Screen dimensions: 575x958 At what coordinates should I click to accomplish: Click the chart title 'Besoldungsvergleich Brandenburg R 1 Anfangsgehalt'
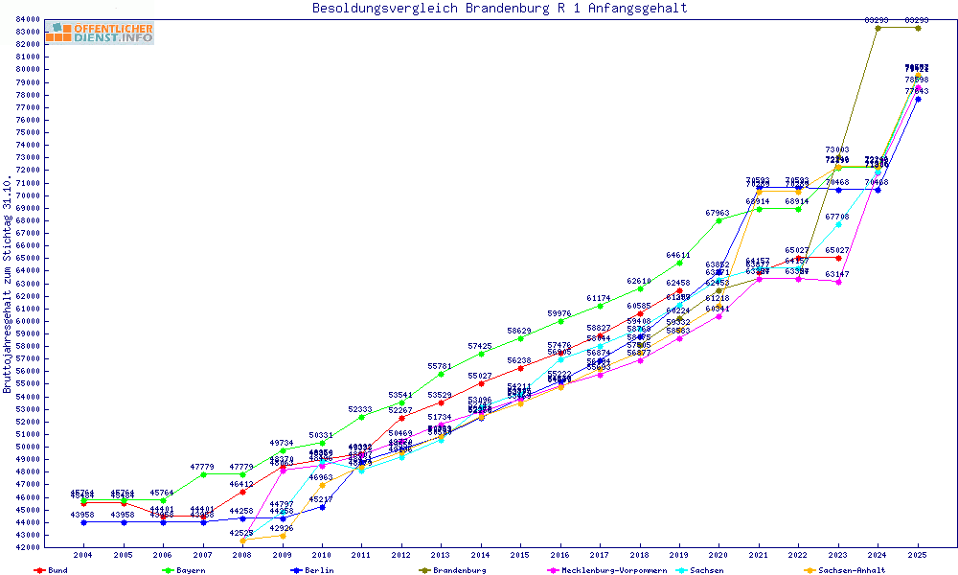pos(499,9)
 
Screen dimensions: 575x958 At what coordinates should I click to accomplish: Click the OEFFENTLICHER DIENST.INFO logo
pos(99,34)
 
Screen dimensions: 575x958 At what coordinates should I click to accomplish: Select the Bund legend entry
pos(53,570)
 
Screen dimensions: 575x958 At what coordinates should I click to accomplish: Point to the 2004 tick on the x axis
pos(84,555)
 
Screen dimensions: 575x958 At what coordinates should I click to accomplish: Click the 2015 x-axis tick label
pos(520,555)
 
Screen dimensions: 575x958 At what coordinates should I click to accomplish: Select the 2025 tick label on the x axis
pos(918,555)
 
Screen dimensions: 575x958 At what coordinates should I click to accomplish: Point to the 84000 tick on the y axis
pos(28,19)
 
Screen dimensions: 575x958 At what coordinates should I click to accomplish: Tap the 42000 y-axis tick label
pos(28,547)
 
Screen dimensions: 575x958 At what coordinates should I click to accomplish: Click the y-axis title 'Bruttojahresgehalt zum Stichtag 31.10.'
pos(9,285)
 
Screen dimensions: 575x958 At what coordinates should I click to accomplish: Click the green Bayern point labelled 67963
pos(718,221)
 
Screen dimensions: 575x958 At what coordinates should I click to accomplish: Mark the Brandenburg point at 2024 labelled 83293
pos(878,28)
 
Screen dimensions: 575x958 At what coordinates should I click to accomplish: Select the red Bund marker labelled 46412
pos(242,492)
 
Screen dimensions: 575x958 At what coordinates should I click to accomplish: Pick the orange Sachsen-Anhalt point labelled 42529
pos(242,540)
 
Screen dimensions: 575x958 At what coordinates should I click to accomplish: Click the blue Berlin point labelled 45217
pos(322,507)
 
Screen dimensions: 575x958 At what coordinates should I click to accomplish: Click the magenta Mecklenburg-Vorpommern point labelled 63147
pos(838,282)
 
